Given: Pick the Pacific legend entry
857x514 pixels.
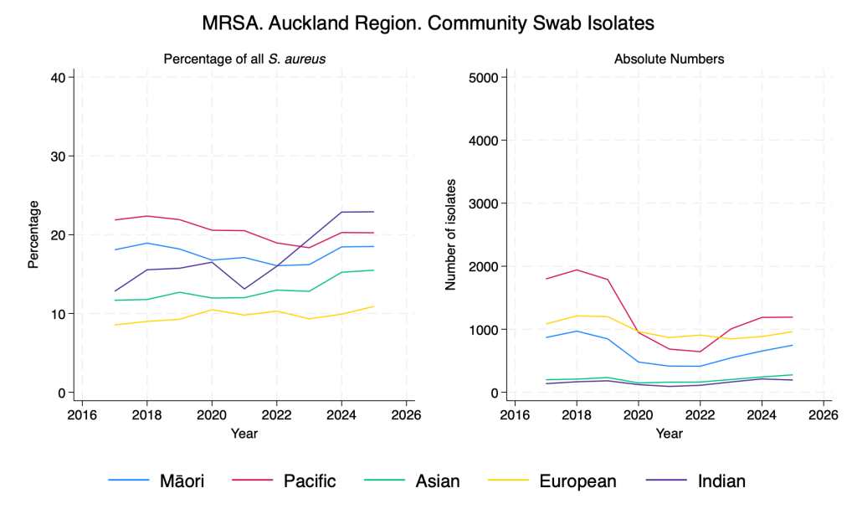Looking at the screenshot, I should tap(309, 481).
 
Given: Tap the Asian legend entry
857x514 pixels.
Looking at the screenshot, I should tap(437, 481).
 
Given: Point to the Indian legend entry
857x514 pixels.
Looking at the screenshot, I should tap(721, 481).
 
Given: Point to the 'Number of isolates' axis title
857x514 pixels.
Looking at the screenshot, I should tap(450, 234).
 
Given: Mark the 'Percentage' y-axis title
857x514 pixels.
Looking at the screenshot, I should tap(33, 234).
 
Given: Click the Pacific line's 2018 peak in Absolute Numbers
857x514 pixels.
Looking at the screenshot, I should tap(576, 270).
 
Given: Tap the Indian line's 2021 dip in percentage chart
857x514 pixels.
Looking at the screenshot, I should tap(244, 289).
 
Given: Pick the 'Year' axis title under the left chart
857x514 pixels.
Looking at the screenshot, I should tap(244, 434).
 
